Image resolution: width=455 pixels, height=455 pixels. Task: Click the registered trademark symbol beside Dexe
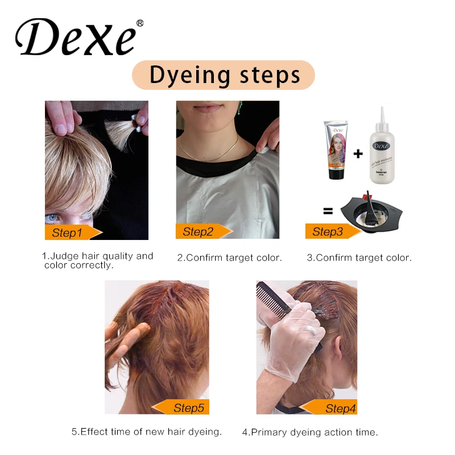click(x=140, y=23)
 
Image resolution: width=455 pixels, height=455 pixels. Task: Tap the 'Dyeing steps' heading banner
click(x=224, y=75)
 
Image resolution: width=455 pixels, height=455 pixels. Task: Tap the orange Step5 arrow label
click(x=182, y=407)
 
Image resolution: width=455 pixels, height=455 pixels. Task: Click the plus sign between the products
click(x=358, y=153)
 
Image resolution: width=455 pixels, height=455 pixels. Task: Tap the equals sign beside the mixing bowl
click(x=328, y=211)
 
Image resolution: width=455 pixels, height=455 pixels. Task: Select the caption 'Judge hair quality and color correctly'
click(x=98, y=260)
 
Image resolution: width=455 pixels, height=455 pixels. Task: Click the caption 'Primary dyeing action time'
click(x=309, y=432)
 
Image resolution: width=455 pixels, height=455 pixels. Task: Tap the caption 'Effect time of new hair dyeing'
click(x=146, y=432)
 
